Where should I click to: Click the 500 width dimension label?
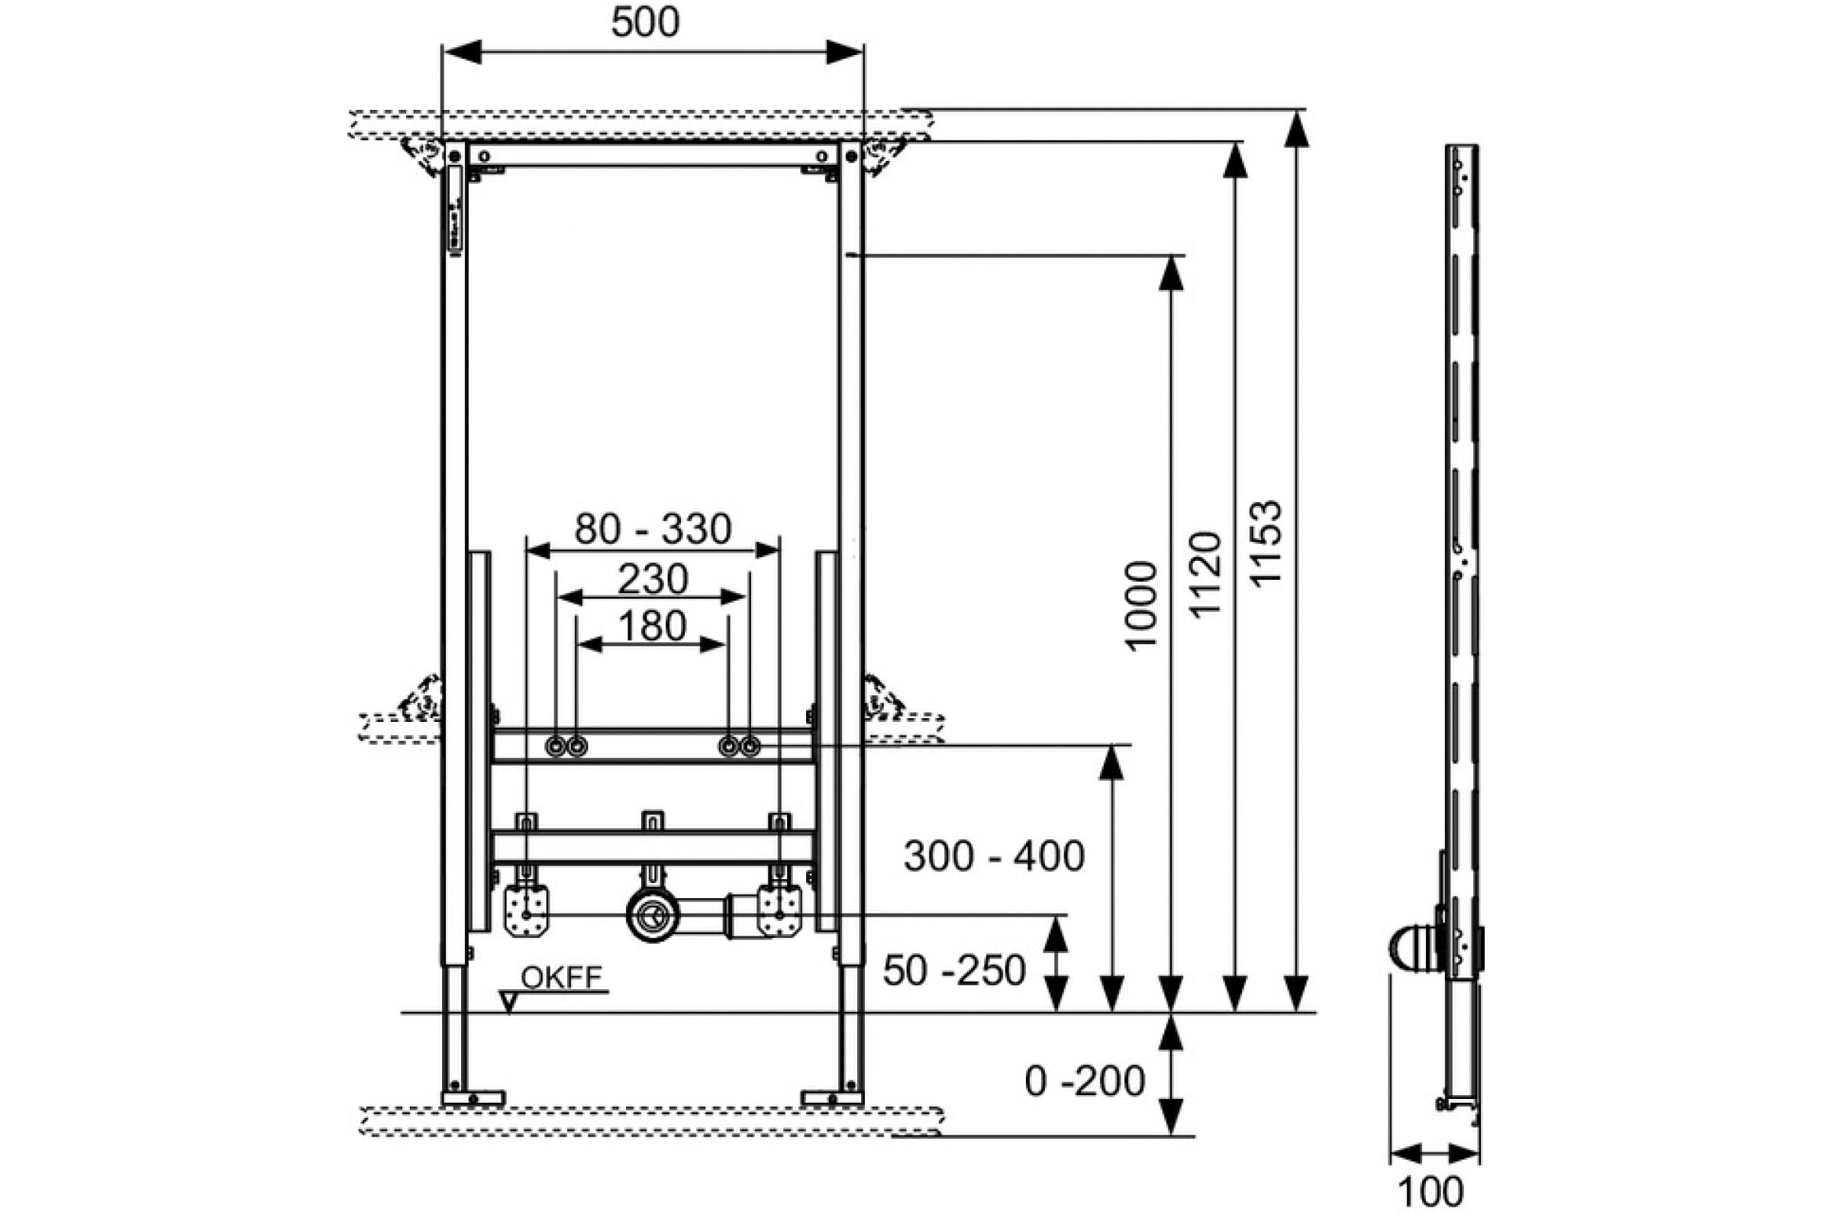click(645, 22)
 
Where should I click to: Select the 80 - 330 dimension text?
click(653, 529)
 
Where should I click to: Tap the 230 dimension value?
click(653, 578)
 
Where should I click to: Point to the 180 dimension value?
click(652, 625)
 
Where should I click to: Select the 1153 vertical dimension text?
click(1265, 542)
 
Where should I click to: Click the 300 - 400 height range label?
click(994, 855)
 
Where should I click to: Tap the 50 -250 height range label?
click(954, 970)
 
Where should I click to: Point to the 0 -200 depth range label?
click(1084, 1081)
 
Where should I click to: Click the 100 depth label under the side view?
click(1430, 1192)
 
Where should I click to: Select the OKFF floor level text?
click(562, 978)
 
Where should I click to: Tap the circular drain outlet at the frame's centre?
click(652, 916)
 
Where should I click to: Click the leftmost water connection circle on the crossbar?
click(556, 747)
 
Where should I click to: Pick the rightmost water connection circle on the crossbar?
click(750, 747)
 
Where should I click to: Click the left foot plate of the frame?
click(473, 1098)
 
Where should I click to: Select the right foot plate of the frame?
click(832, 1098)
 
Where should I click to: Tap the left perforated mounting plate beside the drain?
click(527, 911)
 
